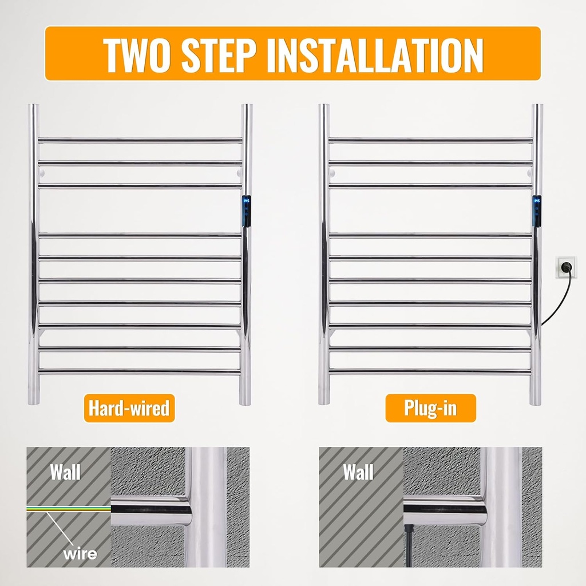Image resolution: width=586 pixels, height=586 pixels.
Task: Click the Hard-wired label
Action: [x=129, y=409]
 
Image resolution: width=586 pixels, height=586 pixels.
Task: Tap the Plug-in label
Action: [x=430, y=409]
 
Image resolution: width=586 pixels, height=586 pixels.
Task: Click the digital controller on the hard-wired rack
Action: [x=247, y=211]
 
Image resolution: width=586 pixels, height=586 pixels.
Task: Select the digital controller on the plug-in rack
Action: [x=537, y=211]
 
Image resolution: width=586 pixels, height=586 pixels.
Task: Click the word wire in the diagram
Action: [x=80, y=553]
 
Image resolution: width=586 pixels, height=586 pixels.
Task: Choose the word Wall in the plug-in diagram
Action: [x=358, y=472]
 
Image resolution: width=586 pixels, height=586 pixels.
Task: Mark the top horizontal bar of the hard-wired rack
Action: [x=140, y=140]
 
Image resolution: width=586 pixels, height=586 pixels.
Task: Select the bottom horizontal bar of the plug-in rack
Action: [x=430, y=371]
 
